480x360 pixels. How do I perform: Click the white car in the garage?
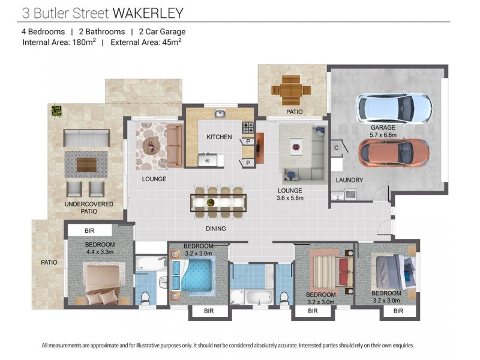(x=394, y=107)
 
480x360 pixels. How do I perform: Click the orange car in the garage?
(x=394, y=152)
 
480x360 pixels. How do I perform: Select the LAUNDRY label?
(x=349, y=179)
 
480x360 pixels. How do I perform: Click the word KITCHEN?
(x=219, y=137)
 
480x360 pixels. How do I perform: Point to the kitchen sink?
(x=220, y=113)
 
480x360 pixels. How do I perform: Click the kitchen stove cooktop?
(x=248, y=127)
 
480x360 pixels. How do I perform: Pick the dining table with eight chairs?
(x=218, y=202)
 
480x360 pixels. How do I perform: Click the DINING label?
(x=215, y=229)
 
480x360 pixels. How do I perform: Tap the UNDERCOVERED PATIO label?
(x=88, y=208)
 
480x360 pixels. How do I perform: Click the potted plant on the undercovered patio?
(x=56, y=110)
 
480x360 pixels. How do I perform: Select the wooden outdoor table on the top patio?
(x=291, y=91)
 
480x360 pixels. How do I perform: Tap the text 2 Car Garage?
(x=162, y=32)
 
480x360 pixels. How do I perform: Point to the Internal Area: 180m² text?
(x=59, y=43)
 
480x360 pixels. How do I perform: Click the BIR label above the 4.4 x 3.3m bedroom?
(x=89, y=230)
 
